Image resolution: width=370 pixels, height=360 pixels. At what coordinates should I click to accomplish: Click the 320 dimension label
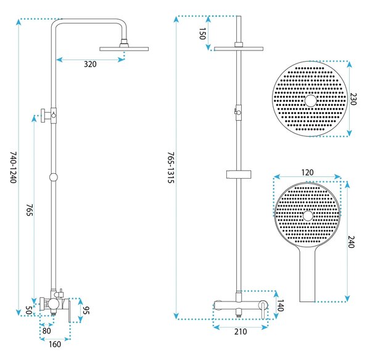coord(90,64)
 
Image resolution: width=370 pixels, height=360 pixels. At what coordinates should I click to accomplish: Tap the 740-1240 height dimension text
coord(13,167)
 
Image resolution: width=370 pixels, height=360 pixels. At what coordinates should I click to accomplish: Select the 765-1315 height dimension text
coord(171,168)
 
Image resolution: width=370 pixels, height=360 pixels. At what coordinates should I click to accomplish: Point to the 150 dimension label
coord(202,33)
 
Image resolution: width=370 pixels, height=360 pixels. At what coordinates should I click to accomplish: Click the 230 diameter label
coord(353,99)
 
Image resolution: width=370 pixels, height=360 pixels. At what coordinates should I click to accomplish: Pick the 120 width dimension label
coord(307,173)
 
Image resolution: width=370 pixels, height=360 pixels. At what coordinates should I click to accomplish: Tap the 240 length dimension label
coord(351,242)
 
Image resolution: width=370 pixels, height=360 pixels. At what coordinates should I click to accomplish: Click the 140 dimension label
coord(280,306)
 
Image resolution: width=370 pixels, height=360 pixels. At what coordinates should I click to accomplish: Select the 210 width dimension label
coord(240,332)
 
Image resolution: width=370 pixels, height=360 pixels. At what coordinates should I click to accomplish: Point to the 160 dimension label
coord(55,344)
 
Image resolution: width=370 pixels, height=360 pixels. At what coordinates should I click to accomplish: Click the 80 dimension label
coord(46,331)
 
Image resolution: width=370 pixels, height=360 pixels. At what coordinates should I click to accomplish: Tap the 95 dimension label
coord(86,310)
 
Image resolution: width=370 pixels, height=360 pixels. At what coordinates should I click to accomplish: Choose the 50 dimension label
coord(28,310)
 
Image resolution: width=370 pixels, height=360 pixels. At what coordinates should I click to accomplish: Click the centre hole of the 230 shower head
coord(310,100)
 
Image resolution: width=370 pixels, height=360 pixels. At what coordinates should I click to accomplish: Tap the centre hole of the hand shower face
coord(308,216)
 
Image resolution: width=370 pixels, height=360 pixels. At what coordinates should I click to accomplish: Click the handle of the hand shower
coord(307,275)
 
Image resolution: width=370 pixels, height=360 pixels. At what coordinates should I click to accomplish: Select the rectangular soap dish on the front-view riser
coord(239,174)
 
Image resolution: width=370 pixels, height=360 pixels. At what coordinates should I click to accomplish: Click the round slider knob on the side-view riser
coord(54,177)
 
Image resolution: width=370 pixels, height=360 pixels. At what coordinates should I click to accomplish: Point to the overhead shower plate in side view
coord(124,49)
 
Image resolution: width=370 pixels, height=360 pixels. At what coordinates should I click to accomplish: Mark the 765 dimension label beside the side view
coord(29,210)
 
